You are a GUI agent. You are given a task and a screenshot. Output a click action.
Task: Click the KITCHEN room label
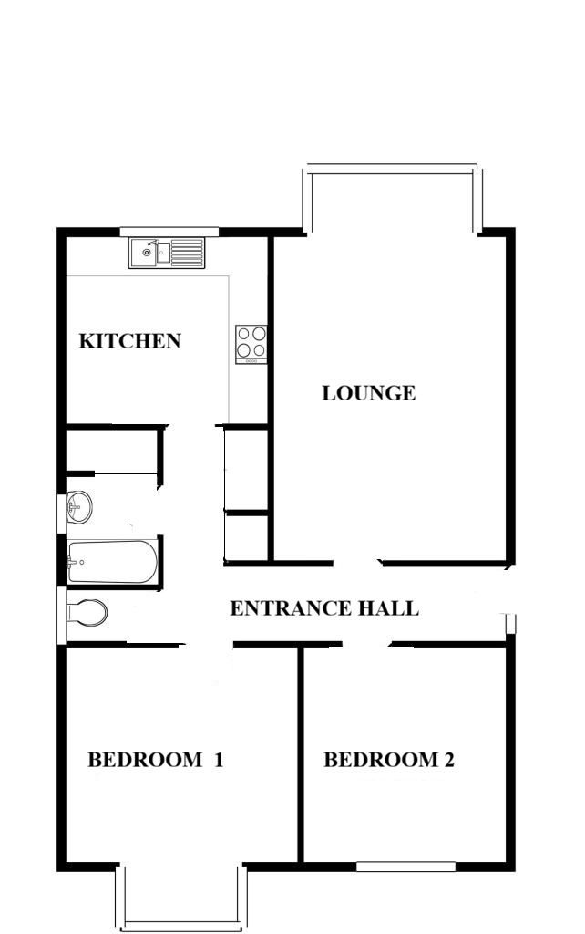[129, 341]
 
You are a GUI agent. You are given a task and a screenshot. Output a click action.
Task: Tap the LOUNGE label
[369, 393]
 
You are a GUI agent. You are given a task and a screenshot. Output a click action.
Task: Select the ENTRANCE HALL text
[324, 608]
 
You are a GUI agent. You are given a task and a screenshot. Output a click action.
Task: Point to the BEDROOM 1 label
[155, 760]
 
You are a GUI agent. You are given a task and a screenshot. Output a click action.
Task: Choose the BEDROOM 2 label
[389, 760]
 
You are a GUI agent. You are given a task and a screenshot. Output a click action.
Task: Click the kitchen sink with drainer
[167, 254]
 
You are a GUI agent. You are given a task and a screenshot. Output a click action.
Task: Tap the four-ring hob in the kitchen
[251, 344]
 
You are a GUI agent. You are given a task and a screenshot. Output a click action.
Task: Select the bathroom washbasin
[78, 507]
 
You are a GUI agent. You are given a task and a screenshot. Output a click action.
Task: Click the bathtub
[112, 562]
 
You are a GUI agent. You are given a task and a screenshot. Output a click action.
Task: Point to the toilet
[87, 612]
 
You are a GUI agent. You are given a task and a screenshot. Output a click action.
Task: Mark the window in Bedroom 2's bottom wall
[405, 867]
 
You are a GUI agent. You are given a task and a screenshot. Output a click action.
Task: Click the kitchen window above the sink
[169, 232]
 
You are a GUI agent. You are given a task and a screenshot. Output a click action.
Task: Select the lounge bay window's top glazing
[392, 169]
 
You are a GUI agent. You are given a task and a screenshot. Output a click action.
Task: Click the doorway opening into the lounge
[356, 563]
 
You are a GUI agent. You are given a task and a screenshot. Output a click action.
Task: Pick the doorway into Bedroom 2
[366, 644]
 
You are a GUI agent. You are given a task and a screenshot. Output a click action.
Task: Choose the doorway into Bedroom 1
[207, 644]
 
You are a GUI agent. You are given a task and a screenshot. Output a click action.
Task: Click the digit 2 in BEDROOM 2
[448, 760]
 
